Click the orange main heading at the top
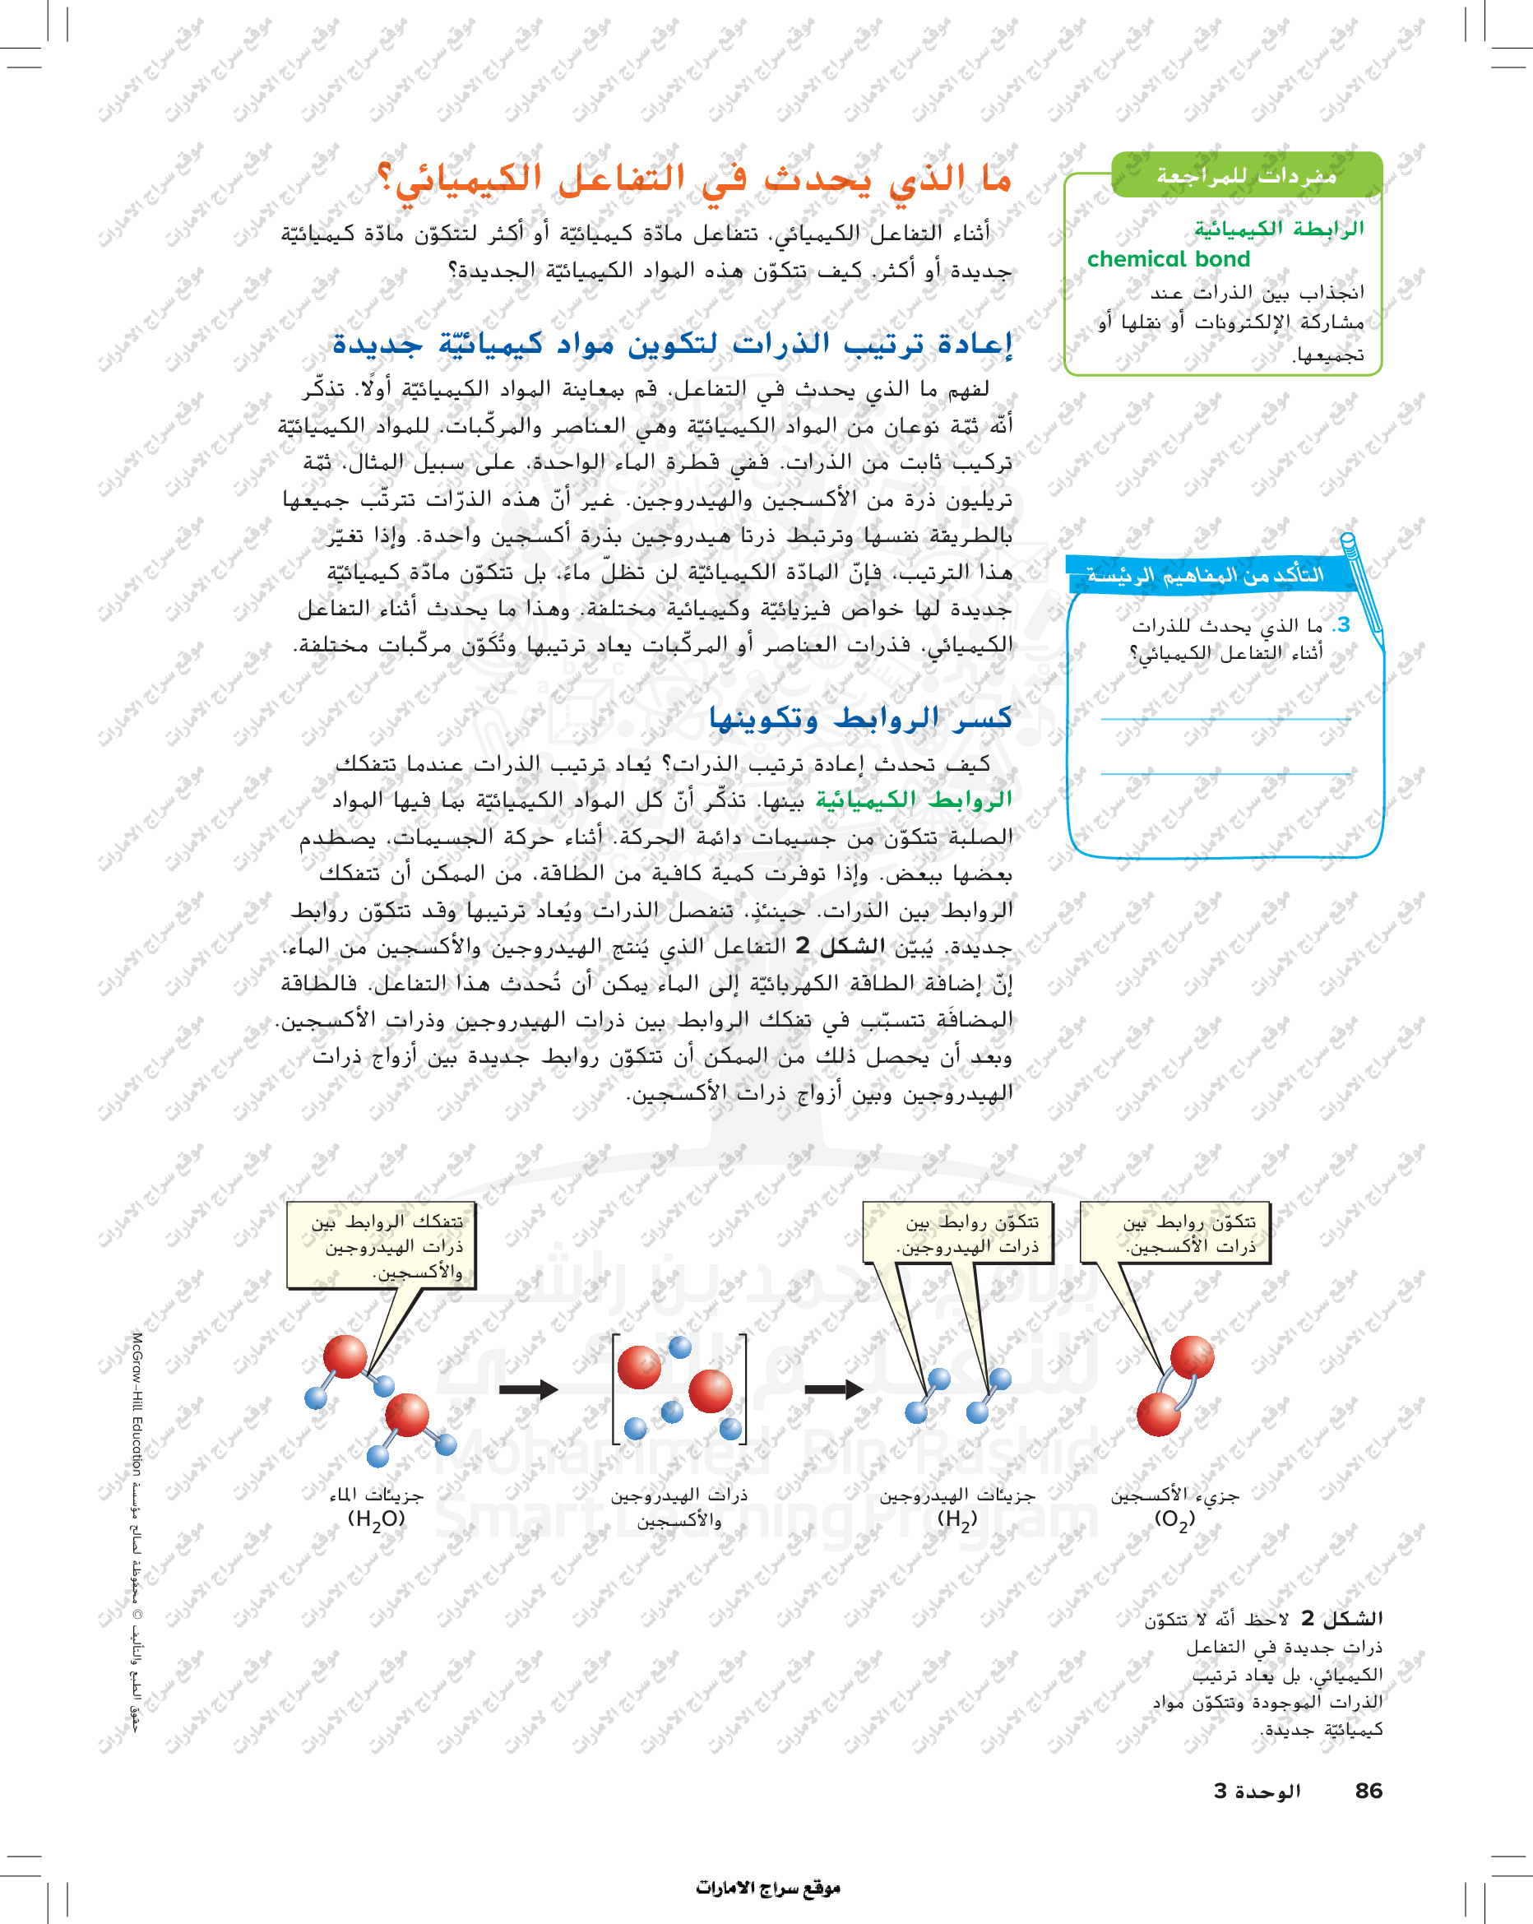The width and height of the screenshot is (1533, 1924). [x=694, y=178]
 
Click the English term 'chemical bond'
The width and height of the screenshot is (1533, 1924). [x=1168, y=260]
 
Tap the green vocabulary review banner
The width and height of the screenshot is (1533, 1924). [x=1247, y=175]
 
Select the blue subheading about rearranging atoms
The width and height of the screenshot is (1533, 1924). [x=672, y=344]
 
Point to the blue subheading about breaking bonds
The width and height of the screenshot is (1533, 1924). [x=860, y=718]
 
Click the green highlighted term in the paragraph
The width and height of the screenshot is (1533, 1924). [x=914, y=800]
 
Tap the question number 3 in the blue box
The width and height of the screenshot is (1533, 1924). [x=1343, y=624]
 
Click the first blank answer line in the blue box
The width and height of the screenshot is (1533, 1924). [x=1225, y=718]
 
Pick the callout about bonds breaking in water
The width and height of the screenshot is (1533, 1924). [x=382, y=1245]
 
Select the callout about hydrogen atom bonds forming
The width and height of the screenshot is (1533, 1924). [x=956, y=1233]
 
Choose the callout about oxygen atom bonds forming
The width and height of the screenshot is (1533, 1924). [x=1174, y=1233]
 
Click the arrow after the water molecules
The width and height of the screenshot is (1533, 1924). [x=528, y=1389]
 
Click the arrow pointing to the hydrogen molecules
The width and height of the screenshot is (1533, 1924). [x=833, y=1389]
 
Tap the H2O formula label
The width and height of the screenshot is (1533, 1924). [x=376, y=1518]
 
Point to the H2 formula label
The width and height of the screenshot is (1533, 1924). [x=956, y=1518]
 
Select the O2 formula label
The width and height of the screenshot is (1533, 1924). [x=1174, y=1518]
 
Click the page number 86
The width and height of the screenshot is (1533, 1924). [x=1368, y=1791]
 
